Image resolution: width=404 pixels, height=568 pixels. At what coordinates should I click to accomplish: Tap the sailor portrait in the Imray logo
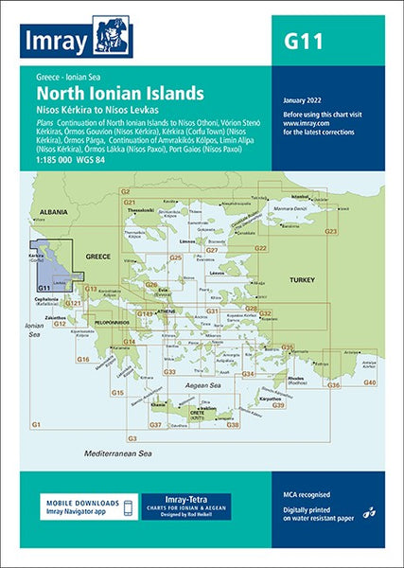point(113,36)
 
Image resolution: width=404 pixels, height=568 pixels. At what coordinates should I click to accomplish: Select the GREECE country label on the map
point(98,257)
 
